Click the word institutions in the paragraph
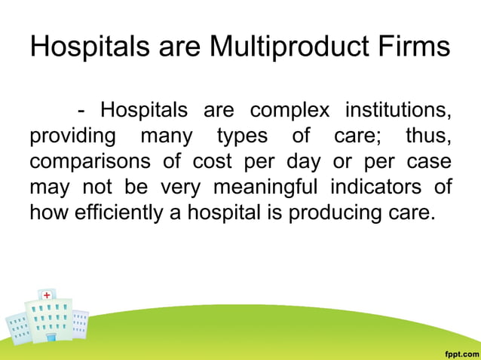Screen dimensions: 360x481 399,111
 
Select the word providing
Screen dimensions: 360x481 72,137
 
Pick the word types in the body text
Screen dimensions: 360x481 243,137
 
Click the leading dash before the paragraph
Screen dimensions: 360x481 81,111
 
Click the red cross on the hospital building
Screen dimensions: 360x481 47,295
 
